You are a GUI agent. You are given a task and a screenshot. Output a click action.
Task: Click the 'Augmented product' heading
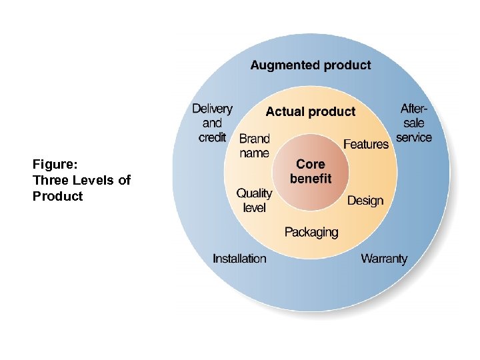click(x=311, y=65)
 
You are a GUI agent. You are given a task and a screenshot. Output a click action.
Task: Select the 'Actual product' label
click(x=311, y=111)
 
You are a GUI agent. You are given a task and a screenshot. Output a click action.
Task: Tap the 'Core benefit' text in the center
click(x=311, y=171)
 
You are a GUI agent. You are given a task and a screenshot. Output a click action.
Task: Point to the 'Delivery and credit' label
click(x=212, y=123)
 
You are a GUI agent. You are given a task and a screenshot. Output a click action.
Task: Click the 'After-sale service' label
click(x=414, y=123)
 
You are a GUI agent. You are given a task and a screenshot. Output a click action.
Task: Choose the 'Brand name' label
click(x=254, y=146)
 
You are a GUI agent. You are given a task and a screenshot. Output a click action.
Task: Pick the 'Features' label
click(x=366, y=144)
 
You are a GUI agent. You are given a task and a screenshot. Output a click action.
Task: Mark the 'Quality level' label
click(x=254, y=200)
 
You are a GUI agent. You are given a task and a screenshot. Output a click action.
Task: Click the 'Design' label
click(x=365, y=200)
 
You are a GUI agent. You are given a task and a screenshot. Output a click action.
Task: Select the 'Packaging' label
click(x=311, y=232)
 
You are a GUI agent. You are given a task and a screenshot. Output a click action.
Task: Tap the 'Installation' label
click(x=239, y=259)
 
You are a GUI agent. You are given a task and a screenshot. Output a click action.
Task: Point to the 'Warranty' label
click(x=384, y=259)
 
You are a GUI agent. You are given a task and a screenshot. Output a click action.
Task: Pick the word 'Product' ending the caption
click(x=58, y=196)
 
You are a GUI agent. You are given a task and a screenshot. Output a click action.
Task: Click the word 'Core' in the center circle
click(x=311, y=164)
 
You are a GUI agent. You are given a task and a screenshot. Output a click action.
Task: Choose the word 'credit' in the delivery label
click(x=212, y=137)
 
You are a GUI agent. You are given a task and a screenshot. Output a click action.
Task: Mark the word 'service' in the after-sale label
click(x=414, y=137)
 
